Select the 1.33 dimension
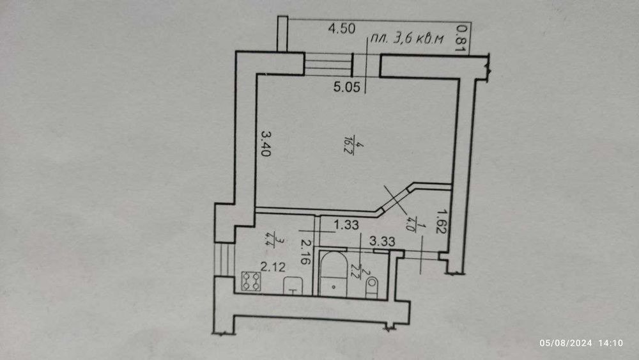point(346,224)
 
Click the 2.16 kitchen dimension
point(305,251)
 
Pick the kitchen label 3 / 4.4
point(266,240)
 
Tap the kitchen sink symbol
point(293,286)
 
